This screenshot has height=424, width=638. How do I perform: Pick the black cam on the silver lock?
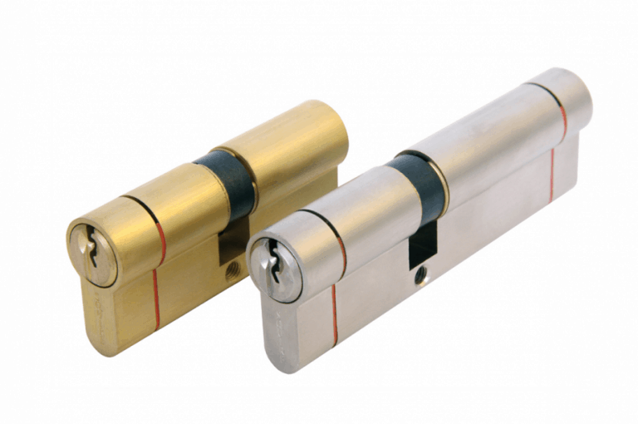click(419, 185)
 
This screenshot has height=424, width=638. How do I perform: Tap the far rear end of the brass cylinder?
click(336, 137)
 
